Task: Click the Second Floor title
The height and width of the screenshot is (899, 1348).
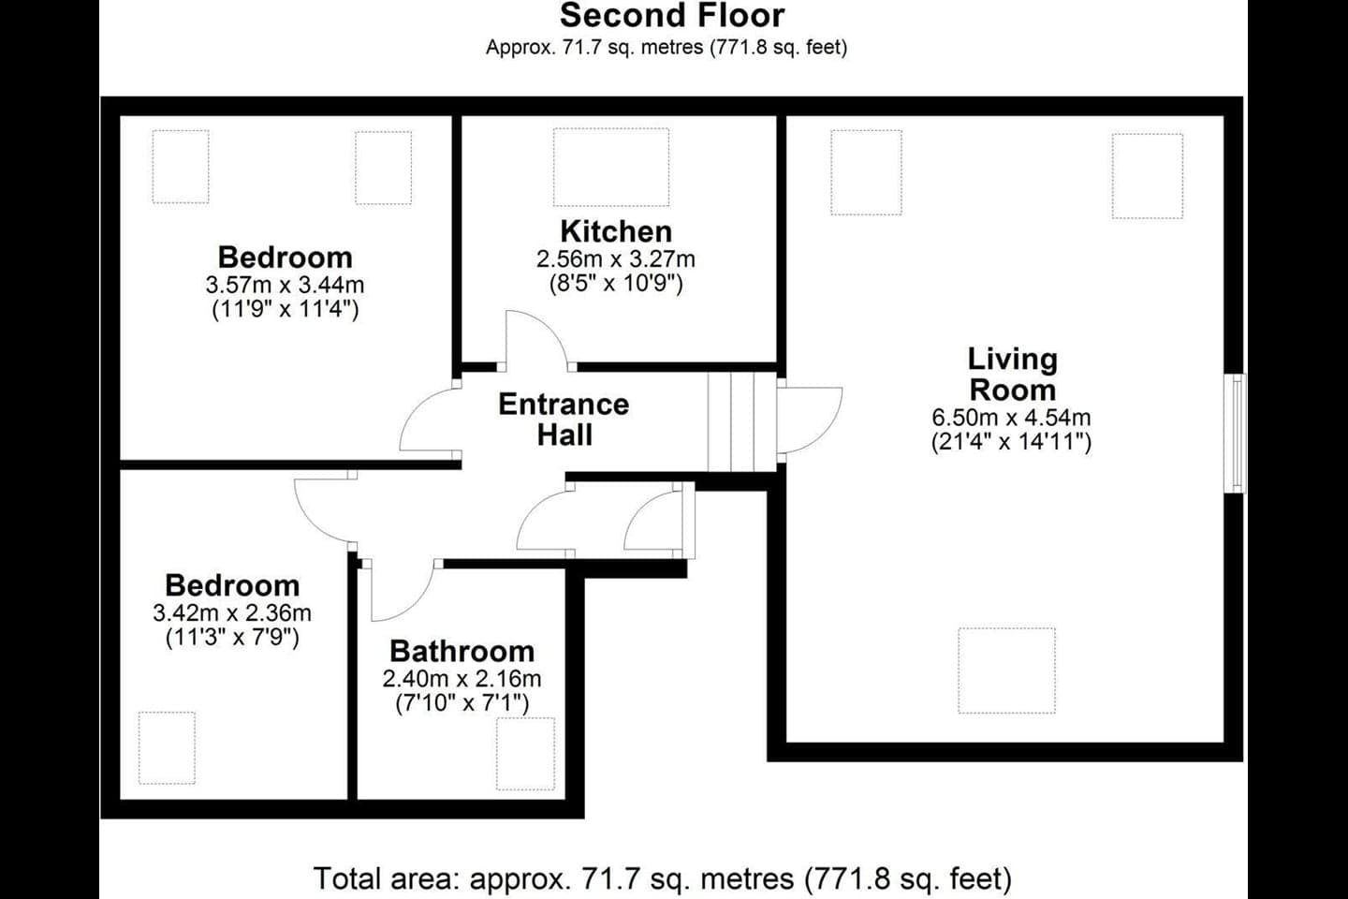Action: (671, 16)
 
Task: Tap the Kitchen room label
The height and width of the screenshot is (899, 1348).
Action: (616, 231)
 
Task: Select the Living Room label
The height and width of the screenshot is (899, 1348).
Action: (1012, 374)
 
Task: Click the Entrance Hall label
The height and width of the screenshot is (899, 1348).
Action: (564, 419)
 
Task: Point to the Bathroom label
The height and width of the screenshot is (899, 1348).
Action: (462, 651)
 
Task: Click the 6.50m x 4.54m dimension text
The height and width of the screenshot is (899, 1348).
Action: (1011, 418)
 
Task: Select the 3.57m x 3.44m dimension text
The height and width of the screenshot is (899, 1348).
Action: (285, 285)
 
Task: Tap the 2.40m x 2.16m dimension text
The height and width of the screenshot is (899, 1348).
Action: (462, 679)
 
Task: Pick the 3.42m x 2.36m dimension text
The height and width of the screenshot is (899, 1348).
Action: (232, 613)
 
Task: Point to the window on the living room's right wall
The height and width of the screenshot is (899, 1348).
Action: (1238, 433)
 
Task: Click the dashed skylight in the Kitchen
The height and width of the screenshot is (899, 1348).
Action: (611, 167)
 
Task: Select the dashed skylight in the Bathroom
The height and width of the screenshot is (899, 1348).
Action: (525, 754)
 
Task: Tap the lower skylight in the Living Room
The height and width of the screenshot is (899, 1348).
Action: (1006, 671)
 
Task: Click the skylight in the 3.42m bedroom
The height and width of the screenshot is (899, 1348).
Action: (167, 747)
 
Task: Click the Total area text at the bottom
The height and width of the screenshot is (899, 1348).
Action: (663, 878)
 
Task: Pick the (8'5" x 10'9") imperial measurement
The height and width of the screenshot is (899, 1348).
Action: (616, 283)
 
